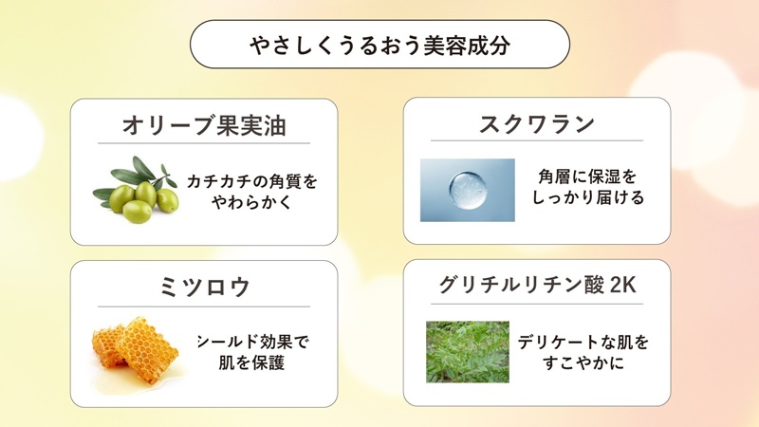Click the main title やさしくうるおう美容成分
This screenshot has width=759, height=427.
[x=379, y=45]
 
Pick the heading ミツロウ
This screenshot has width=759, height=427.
[x=204, y=287]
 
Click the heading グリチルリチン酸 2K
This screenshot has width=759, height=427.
[x=537, y=287]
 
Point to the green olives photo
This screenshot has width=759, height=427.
[x=137, y=190]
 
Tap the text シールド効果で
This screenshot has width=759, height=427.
[x=252, y=342]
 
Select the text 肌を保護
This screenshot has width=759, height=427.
[x=252, y=362]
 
